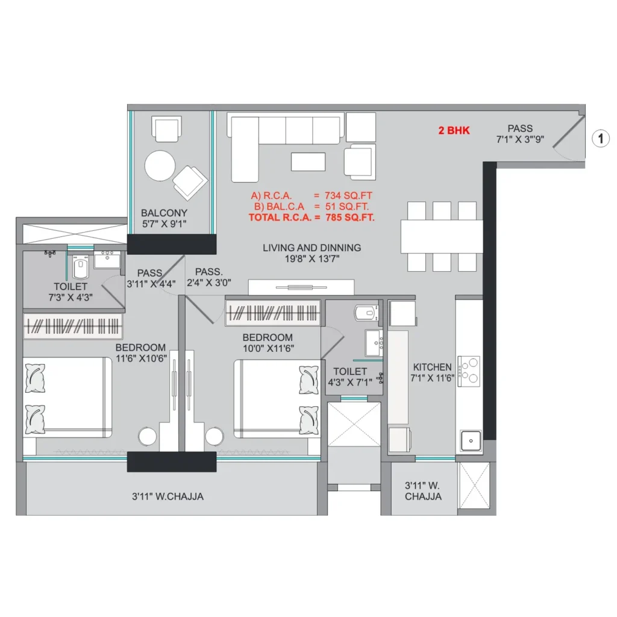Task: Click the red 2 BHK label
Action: (x=454, y=131)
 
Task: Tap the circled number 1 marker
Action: (x=601, y=139)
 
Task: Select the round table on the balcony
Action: (x=160, y=166)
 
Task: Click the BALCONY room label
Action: (x=164, y=213)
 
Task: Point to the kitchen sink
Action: (x=471, y=440)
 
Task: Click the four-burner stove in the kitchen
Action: (x=469, y=371)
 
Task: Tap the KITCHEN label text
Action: (x=432, y=367)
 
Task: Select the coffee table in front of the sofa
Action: (x=308, y=161)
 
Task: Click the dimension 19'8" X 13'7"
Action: (x=312, y=258)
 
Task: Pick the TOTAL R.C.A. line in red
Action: (x=312, y=217)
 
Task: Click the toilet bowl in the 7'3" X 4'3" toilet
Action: (x=80, y=267)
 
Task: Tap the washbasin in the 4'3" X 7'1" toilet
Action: (x=374, y=343)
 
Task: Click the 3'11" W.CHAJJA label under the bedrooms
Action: (x=168, y=496)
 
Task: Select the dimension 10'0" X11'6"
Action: (x=268, y=348)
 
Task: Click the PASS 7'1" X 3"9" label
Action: (x=520, y=134)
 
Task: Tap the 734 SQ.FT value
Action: (x=348, y=196)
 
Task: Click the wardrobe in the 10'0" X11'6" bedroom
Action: (x=273, y=313)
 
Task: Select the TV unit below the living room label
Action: (x=301, y=287)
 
